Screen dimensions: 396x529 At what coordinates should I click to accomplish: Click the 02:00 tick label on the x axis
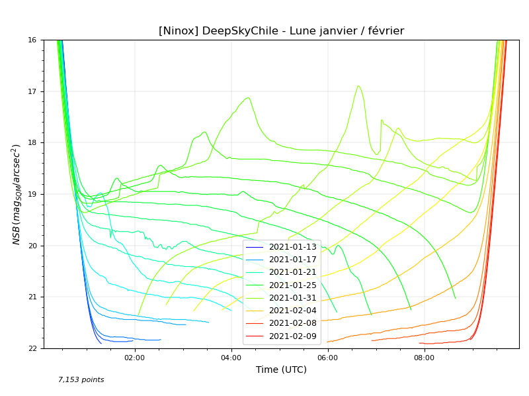point(135,358)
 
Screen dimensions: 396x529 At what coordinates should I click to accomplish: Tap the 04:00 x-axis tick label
point(231,358)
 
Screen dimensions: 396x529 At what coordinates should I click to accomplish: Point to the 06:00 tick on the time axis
point(328,358)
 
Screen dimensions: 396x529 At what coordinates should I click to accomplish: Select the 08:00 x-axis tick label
point(425,358)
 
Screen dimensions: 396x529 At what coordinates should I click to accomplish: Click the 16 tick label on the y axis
point(32,40)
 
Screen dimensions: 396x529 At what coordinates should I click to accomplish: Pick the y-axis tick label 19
point(32,194)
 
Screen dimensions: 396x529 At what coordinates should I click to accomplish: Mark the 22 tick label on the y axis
point(32,348)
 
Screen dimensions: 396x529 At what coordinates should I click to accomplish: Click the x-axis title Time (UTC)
point(281,370)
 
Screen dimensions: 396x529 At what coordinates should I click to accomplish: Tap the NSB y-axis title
point(17,194)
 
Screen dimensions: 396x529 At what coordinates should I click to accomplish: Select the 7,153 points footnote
point(81,380)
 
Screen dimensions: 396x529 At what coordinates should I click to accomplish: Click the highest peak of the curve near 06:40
point(358,85)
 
